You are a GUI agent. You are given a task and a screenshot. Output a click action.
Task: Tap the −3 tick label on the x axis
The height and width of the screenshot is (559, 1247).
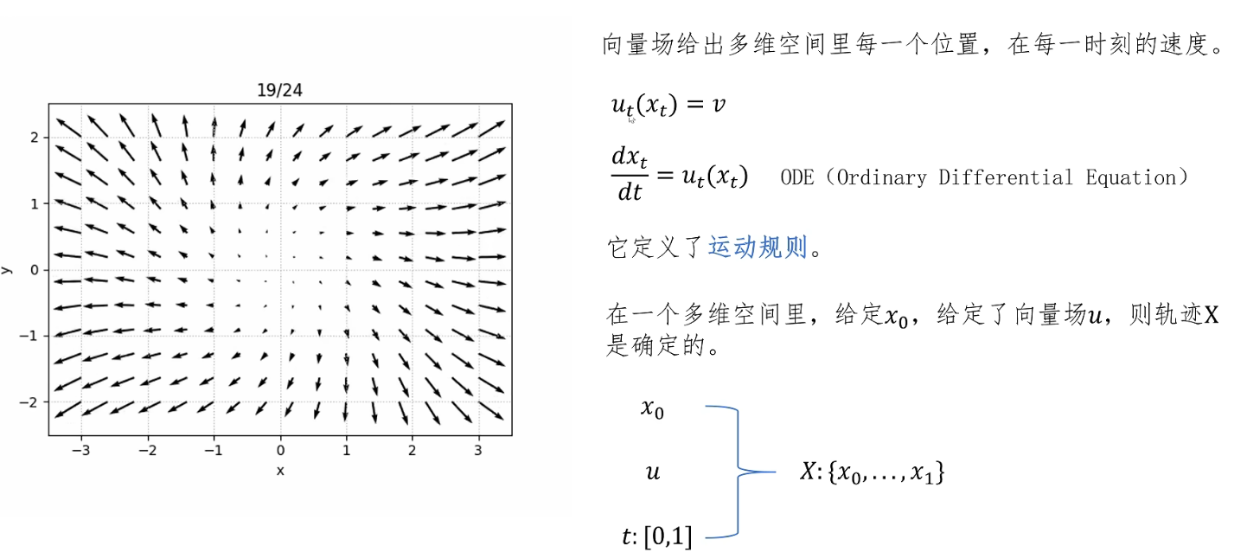pos(81,451)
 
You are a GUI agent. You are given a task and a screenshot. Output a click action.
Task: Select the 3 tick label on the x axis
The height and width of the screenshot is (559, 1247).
pos(478,451)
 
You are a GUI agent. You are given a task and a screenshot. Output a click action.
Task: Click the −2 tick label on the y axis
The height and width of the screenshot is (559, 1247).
pos(33,402)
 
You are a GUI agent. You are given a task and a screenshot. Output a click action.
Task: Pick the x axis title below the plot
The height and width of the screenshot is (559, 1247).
pos(279,470)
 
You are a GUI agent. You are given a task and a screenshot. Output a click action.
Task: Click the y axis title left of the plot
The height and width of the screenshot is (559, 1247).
pos(7,270)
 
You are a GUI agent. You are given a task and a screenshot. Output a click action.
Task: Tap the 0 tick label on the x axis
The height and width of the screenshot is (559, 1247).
pos(279,451)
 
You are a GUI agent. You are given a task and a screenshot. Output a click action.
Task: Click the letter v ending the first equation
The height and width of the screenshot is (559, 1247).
pos(718,105)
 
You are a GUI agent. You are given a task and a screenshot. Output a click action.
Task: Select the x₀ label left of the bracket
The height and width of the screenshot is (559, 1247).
pos(652,408)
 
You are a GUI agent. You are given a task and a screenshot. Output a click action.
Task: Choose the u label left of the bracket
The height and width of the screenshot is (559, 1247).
pos(653,472)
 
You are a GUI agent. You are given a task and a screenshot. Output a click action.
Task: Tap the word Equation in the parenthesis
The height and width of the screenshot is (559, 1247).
pos(1135,177)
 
